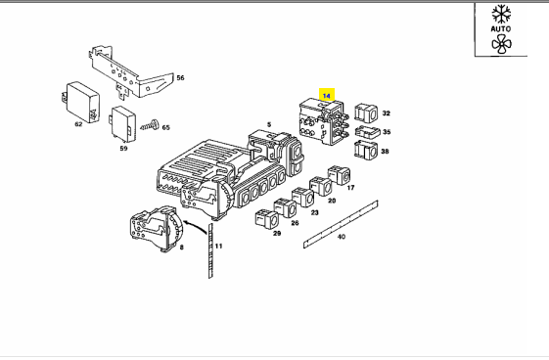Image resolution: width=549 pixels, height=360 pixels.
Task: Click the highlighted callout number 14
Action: coord(326,96)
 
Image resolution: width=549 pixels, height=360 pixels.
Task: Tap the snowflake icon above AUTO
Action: coord(501,14)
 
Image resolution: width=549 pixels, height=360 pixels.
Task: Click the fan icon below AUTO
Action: coord(501,44)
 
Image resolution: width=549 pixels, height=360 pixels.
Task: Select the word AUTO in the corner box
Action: coord(501,28)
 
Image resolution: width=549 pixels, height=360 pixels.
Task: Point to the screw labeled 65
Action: coord(150,125)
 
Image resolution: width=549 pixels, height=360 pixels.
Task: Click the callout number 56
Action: coord(180,77)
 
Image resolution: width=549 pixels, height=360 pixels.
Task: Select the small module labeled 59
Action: coord(123,124)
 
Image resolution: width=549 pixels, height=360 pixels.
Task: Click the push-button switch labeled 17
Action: coord(339,175)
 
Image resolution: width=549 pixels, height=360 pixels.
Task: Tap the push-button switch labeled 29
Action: coord(267,219)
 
